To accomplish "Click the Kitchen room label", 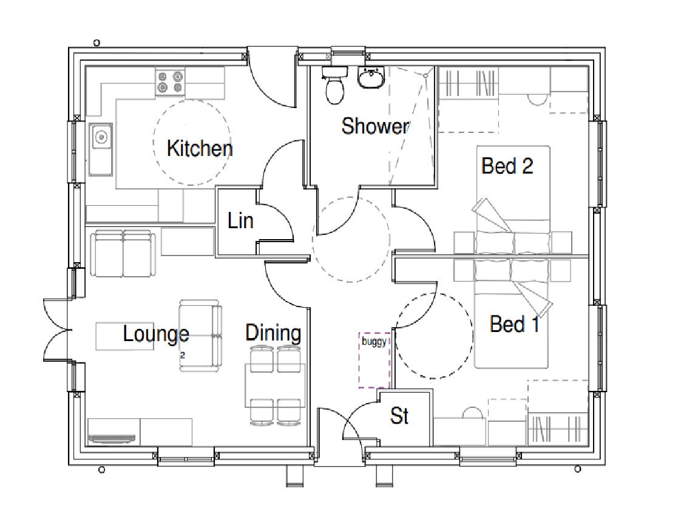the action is [200, 148].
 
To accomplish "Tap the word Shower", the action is [375, 126].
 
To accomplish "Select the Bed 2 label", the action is [507, 166].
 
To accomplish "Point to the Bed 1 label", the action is [515, 324].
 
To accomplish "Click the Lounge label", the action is [156, 334].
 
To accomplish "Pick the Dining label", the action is [273, 333].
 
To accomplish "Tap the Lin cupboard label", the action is [240, 221].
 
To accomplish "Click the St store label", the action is [399, 416].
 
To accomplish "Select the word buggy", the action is [374, 342].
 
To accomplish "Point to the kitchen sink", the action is [101, 149].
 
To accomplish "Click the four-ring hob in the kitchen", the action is [170, 83].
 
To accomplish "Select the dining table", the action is [275, 385].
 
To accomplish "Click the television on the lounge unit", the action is [112, 439].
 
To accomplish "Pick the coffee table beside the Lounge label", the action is [125, 336].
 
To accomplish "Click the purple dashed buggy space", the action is [375, 361].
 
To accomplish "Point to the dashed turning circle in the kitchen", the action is [192, 143].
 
